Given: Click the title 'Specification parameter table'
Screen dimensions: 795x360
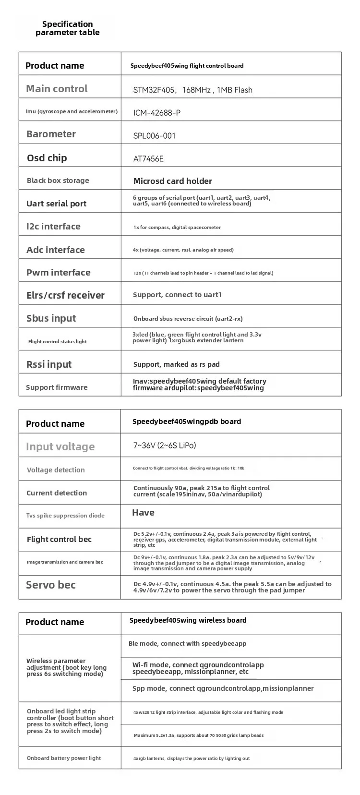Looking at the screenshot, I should [68, 28].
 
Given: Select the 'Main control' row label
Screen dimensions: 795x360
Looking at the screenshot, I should [57, 89].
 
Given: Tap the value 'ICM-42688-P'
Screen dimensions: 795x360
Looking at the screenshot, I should [157, 113].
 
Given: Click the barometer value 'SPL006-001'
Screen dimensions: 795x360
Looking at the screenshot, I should [155, 136].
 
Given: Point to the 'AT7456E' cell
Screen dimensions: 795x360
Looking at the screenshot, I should [148, 159].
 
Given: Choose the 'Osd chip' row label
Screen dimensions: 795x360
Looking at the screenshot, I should [47, 158].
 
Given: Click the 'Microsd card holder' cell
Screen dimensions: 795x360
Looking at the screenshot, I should [173, 181].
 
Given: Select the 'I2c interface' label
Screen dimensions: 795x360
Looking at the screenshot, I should [53, 227].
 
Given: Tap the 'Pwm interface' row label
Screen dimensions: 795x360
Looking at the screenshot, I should [59, 272].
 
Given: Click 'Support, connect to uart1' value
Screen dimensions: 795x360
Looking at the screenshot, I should [177, 295].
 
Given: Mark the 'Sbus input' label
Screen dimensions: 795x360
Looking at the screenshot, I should [51, 318].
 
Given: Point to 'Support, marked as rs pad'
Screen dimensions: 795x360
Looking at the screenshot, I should [176, 364].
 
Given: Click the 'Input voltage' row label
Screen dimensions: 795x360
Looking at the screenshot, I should [60, 447].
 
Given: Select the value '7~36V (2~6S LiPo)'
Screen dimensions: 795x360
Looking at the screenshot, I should [165, 446].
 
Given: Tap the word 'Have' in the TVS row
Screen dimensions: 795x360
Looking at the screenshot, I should [143, 513].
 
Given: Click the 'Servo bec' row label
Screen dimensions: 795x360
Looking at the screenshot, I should [51, 585].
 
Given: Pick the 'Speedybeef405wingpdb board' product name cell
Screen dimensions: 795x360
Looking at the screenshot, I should [187, 422].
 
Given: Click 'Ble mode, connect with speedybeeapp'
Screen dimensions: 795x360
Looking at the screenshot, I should [187, 643].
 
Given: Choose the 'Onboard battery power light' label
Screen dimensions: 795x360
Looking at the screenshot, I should [64, 758].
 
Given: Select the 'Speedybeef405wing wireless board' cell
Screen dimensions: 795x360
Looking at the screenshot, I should [188, 620].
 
